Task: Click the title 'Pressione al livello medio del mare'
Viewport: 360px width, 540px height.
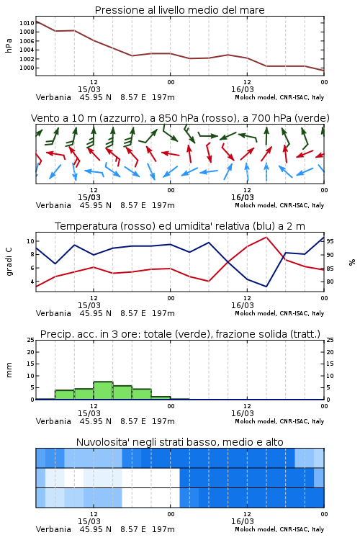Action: click(x=179, y=10)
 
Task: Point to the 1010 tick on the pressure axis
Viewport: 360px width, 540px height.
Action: click(x=27, y=23)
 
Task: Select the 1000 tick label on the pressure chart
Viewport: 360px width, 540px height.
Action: click(x=27, y=68)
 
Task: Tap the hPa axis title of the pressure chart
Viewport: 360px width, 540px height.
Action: click(x=9, y=45)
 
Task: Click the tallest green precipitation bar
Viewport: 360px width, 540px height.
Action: click(x=104, y=390)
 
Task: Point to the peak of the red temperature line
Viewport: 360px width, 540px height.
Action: click(x=266, y=237)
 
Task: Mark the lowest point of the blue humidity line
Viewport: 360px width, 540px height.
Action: click(x=266, y=287)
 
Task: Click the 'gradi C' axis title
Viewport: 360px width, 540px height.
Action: click(x=9, y=262)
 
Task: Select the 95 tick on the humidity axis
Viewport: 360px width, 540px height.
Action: click(x=330, y=241)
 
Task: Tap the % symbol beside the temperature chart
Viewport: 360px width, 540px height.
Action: click(x=352, y=262)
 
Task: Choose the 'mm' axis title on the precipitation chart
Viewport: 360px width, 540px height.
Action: click(x=9, y=370)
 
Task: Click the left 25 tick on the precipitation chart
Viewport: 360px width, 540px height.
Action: click(x=31, y=340)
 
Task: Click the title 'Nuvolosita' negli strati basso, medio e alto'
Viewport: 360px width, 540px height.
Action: click(x=179, y=442)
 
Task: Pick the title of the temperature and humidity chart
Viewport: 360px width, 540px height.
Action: click(x=180, y=226)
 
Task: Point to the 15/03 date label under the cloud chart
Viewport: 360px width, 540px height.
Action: click(x=89, y=521)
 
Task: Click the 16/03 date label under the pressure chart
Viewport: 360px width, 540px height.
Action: click(x=242, y=89)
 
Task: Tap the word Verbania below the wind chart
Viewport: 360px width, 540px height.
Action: click(x=53, y=205)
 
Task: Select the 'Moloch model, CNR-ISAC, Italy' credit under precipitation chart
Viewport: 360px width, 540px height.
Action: click(x=279, y=421)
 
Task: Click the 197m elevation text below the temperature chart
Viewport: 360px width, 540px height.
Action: click(x=163, y=313)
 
